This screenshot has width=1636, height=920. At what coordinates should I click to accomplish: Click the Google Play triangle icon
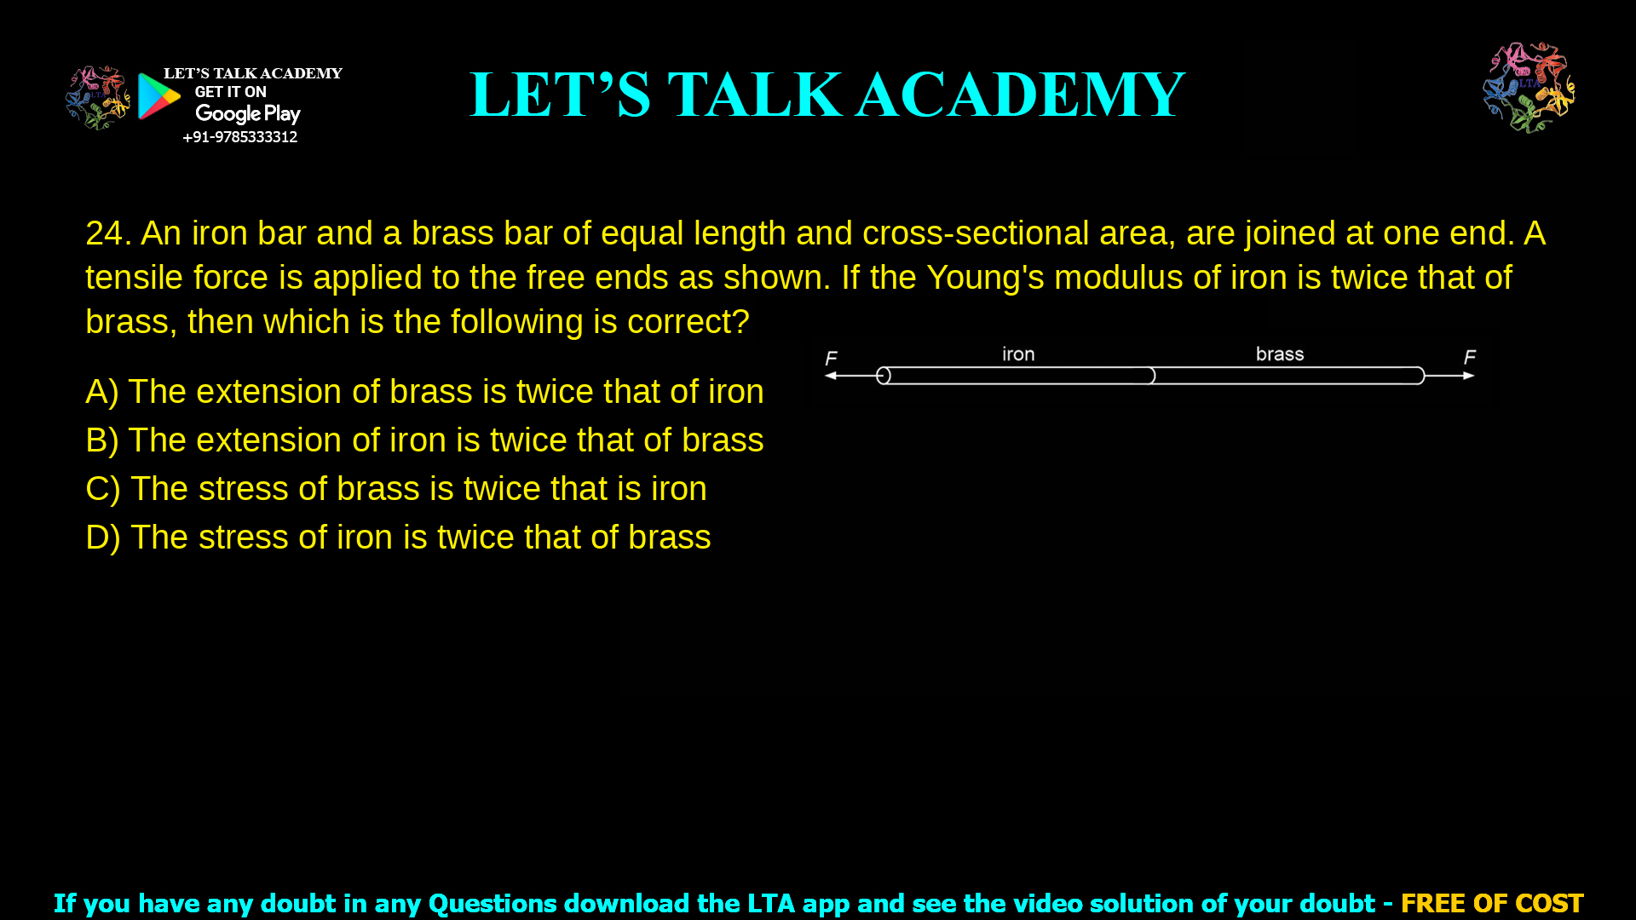coord(158,96)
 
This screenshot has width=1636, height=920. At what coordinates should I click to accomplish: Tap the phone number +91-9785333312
coord(240,137)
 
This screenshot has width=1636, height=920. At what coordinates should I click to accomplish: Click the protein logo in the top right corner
coord(1529,87)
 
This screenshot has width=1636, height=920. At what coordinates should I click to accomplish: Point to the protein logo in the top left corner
coord(97,97)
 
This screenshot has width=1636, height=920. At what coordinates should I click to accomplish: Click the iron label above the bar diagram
coord(1018,354)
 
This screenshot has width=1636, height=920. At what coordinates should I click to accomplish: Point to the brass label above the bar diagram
coord(1280,354)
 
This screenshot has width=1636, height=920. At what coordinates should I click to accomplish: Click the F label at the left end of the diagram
coord(832,359)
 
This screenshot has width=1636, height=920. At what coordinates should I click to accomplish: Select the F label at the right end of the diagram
coord(1470,358)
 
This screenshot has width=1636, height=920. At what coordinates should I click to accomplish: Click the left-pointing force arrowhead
coord(830,376)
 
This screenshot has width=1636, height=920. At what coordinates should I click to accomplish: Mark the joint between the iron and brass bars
coord(1152,376)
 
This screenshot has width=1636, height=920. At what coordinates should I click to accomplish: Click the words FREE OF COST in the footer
coord(1492,903)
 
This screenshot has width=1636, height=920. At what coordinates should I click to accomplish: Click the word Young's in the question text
coord(985,278)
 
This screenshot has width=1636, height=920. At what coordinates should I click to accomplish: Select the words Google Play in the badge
coord(248,114)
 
